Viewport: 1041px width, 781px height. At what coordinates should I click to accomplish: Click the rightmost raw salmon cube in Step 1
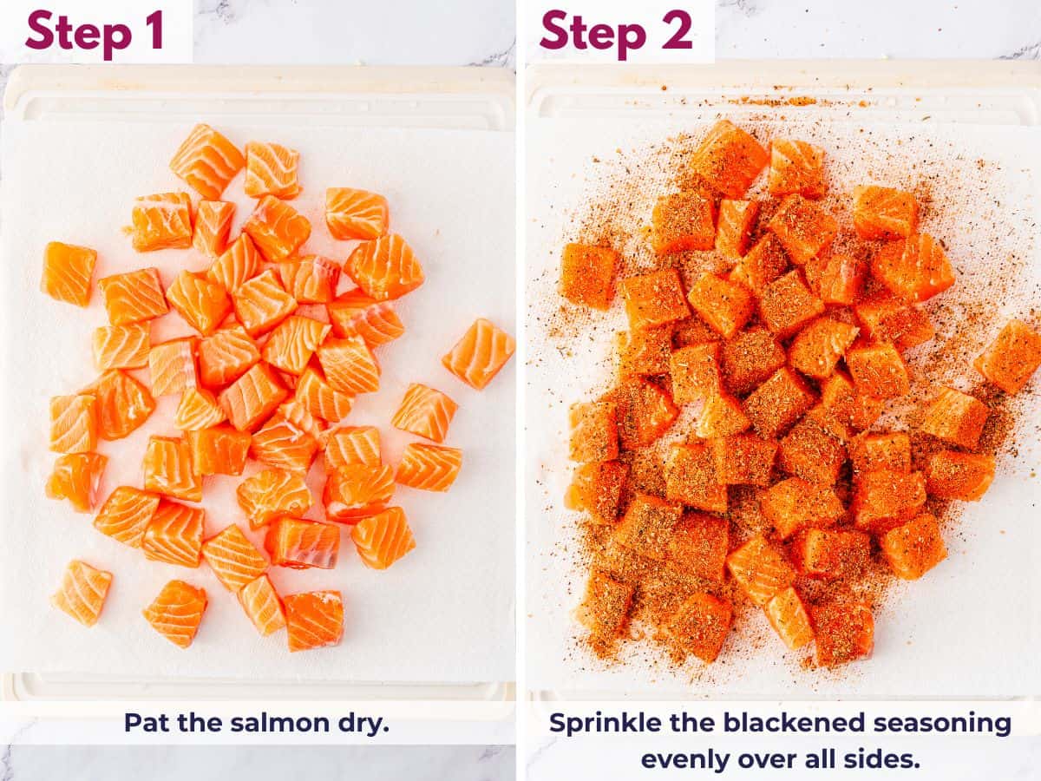(x=479, y=352)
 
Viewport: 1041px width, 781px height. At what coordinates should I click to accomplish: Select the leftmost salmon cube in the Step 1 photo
(x=69, y=273)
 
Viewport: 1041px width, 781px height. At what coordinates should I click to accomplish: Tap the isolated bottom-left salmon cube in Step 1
(x=82, y=593)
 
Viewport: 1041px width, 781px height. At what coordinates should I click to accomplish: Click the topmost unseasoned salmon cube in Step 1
(x=206, y=161)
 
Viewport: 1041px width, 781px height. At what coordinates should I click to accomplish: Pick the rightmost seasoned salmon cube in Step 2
(x=1009, y=356)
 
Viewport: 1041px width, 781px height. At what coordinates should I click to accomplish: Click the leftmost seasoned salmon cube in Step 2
(x=588, y=275)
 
